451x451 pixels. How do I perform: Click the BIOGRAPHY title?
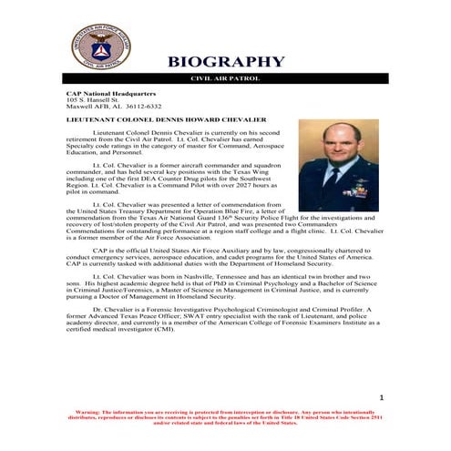coord(225,62)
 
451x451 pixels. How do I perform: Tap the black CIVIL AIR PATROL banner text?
coord(224,78)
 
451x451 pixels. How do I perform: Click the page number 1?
coord(382,398)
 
